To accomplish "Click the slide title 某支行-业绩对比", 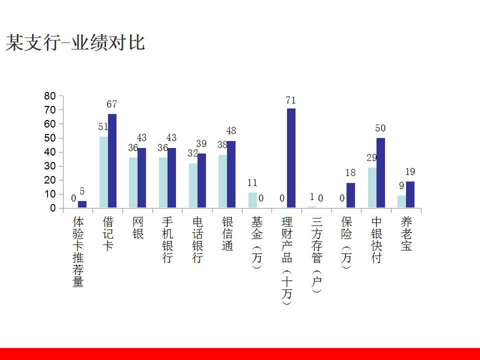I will [x=75, y=43].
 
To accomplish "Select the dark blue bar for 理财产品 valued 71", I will [x=291, y=158].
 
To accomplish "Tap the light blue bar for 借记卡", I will [x=103, y=172].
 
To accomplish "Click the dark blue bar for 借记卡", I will [x=112, y=160].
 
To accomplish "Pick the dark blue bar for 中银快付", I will [x=380, y=172].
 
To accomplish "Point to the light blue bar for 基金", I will [x=252, y=200].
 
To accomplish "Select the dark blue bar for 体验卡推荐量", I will [x=82, y=204].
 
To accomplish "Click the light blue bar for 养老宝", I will [x=401, y=201].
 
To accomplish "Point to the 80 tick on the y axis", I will [x=50, y=95].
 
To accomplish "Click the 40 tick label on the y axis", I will [x=50, y=152].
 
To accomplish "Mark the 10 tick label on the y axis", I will [x=50, y=194].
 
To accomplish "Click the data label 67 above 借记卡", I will [x=111, y=104].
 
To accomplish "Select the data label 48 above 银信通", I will [x=231, y=131].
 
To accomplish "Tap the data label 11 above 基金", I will [x=252, y=183].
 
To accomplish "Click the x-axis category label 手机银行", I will [x=167, y=240].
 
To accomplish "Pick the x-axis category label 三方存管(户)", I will [x=316, y=254].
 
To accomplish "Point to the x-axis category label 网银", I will [x=137, y=227].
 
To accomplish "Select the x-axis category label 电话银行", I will [x=197, y=240].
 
